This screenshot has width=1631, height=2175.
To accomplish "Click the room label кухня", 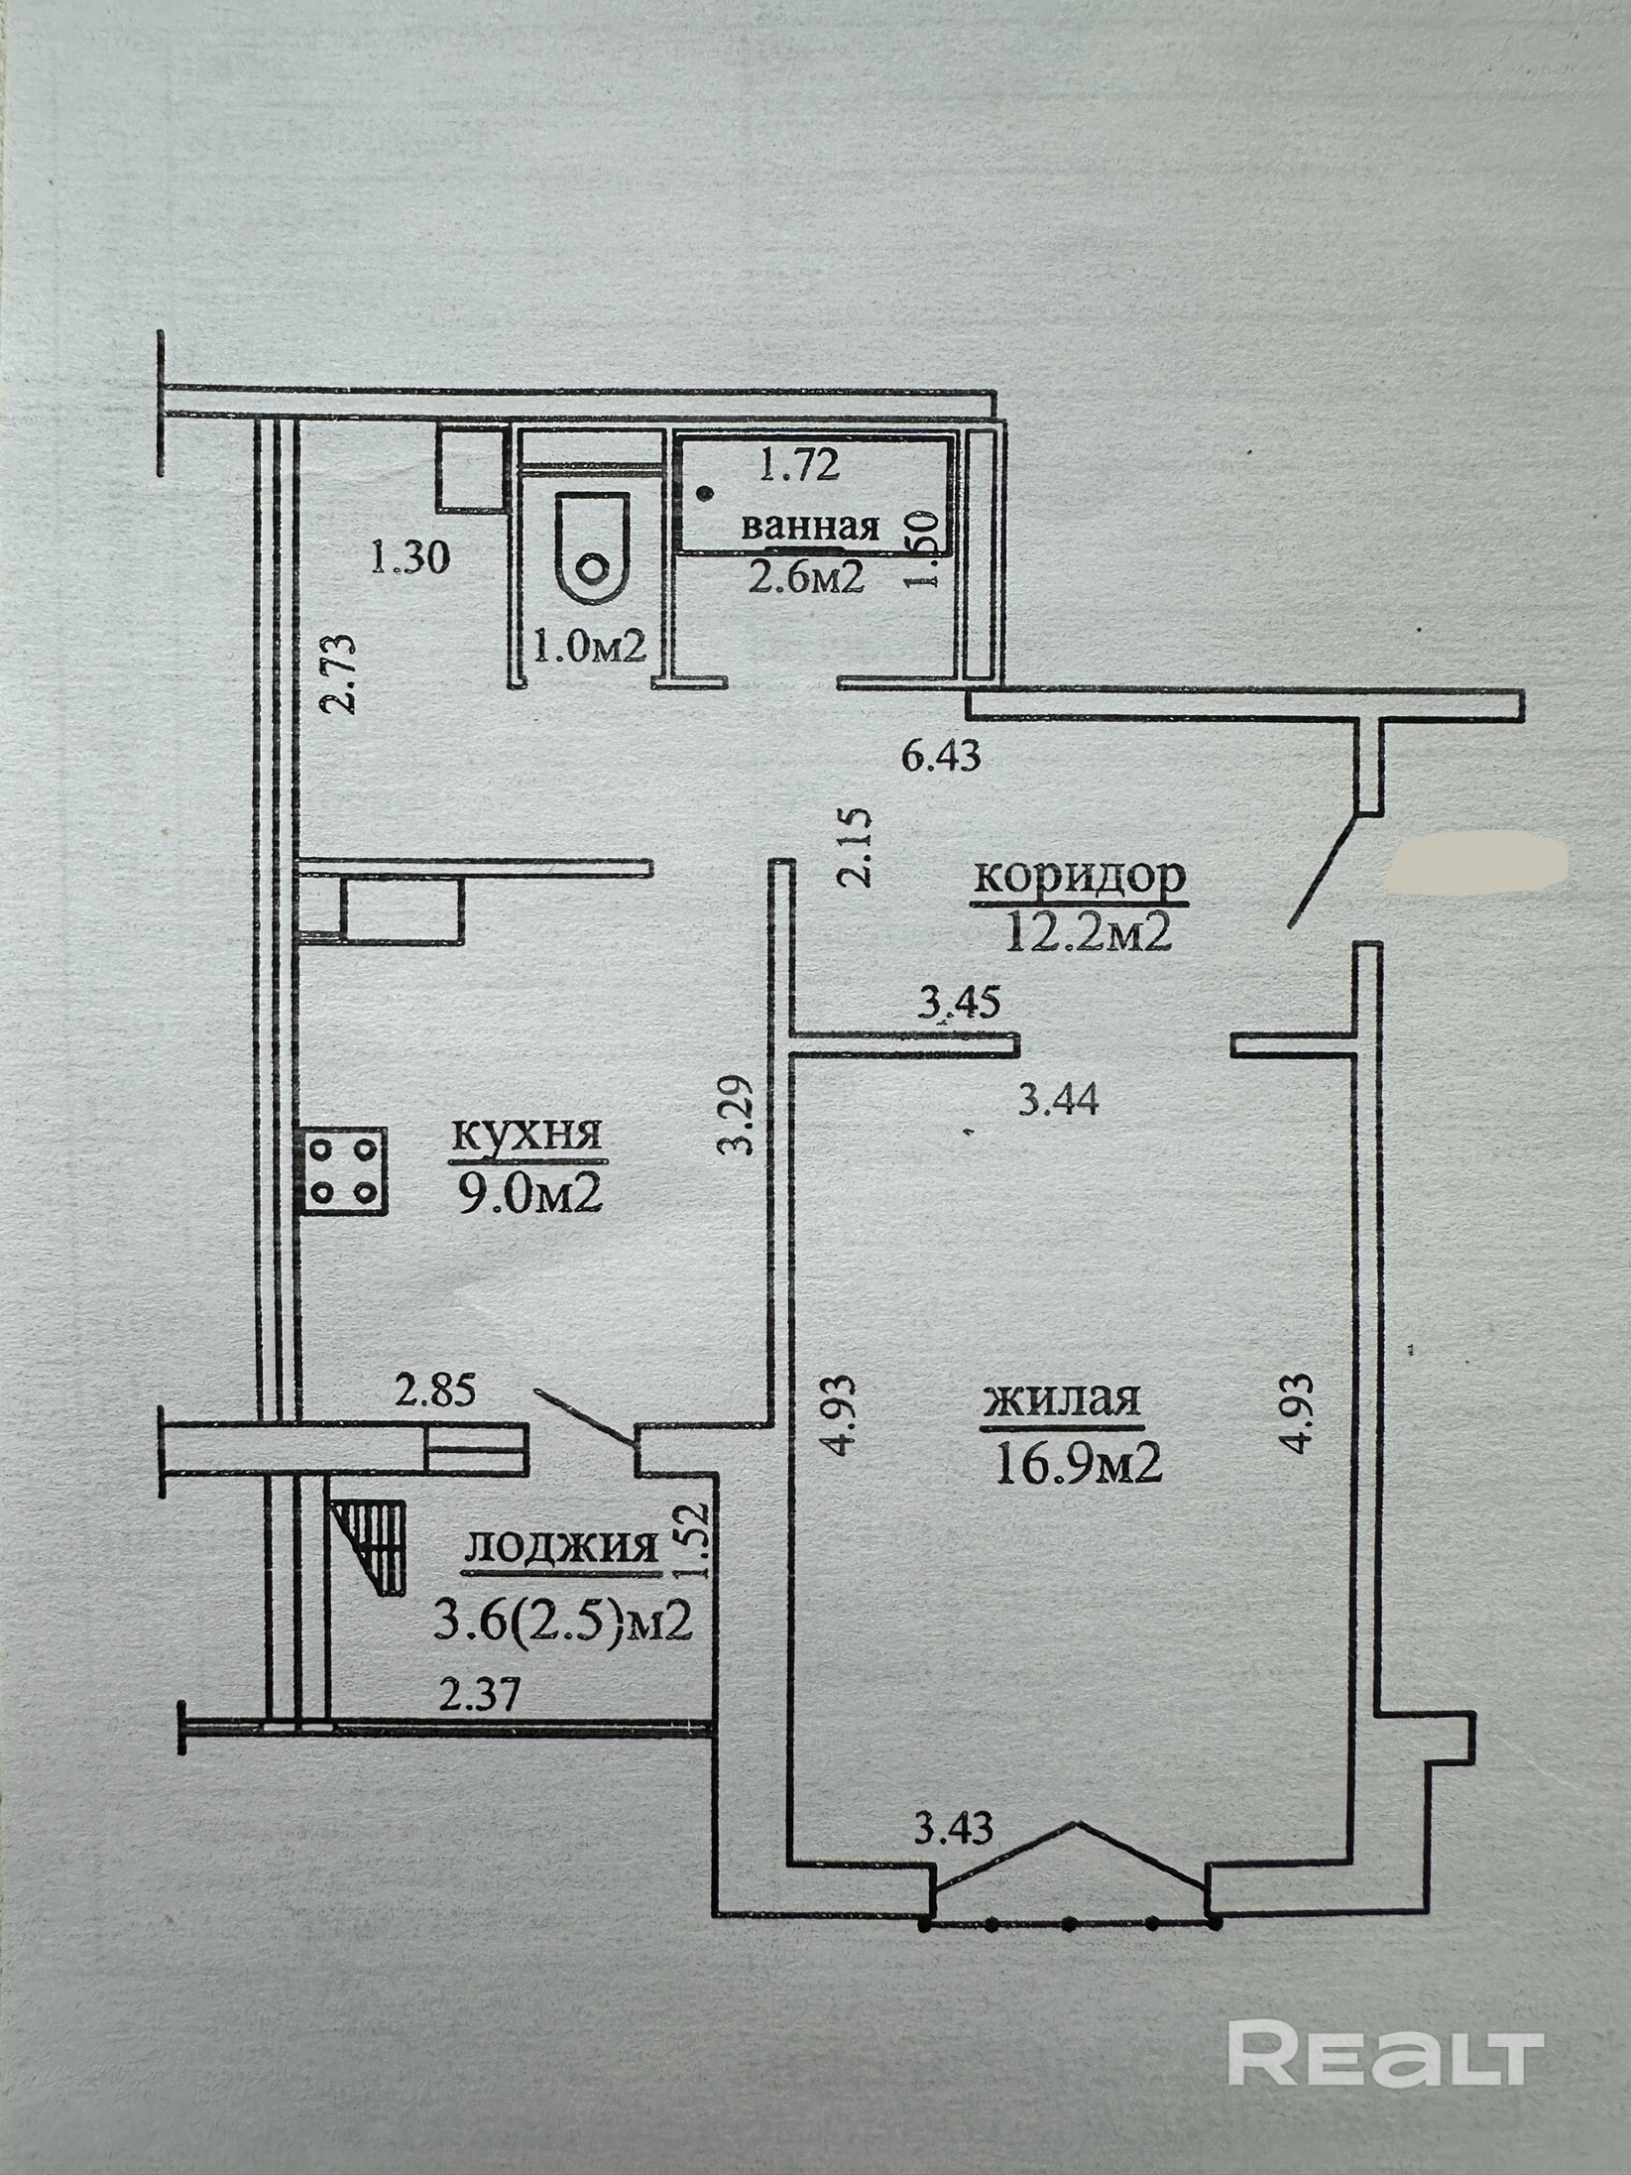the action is pos(526,1135).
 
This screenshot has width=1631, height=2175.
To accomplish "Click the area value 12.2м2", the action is pos(1089,933).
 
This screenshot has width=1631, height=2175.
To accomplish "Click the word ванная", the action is pos(810,527).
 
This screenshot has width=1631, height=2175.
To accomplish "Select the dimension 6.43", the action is pos(941,757).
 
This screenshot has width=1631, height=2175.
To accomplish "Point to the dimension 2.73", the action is pos(337,674).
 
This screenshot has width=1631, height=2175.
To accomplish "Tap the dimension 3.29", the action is pos(737,1115).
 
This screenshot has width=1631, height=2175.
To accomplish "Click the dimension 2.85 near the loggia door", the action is pos(435,1391).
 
